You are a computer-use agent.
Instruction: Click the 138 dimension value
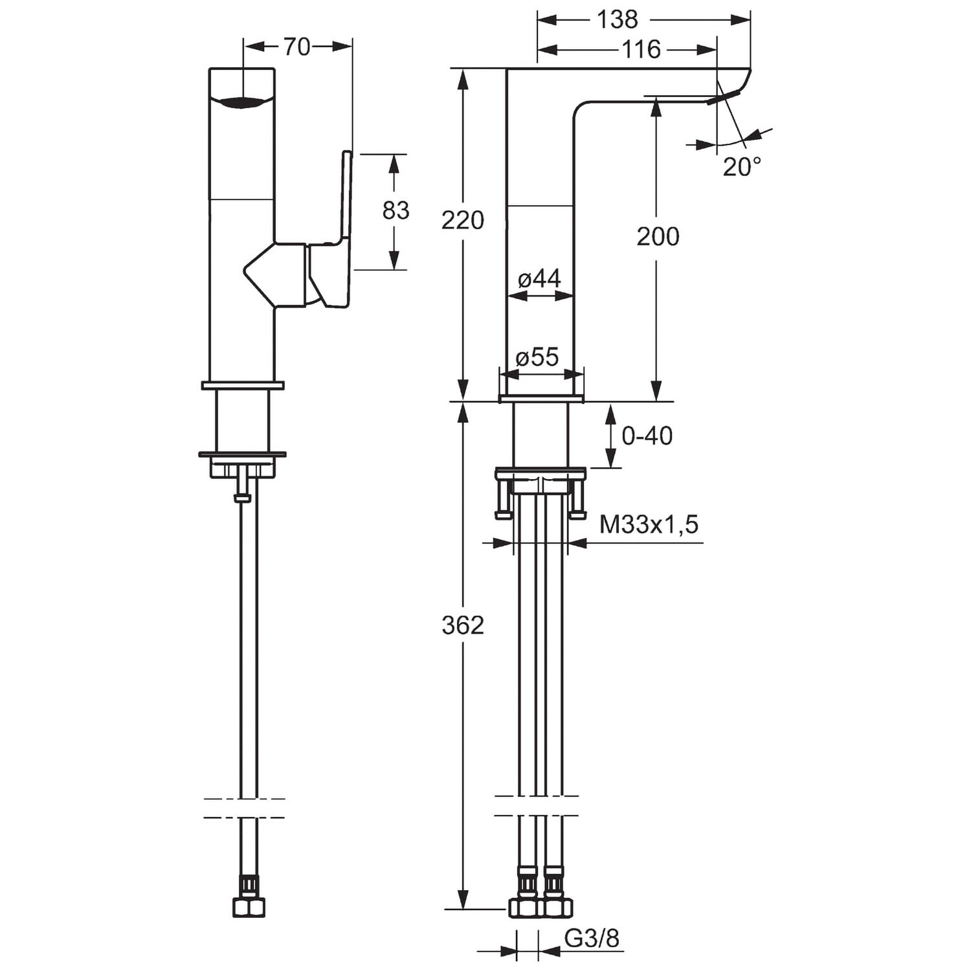[x=617, y=19]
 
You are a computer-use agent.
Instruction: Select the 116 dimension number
[x=641, y=49]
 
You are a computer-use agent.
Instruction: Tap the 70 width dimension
[x=297, y=47]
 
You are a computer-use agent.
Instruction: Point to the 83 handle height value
[x=396, y=210]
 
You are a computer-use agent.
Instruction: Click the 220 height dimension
[x=462, y=220]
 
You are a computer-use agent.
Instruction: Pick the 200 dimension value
[x=658, y=236]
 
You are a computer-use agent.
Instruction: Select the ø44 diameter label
[x=539, y=279]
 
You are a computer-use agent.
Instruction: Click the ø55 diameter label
[x=537, y=357]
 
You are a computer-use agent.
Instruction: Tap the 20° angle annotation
[x=741, y=167]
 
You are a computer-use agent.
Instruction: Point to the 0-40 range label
[x=647, y=436]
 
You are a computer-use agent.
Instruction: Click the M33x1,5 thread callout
[x=649, y=524]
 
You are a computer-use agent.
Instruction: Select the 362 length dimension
[x=462, y=625]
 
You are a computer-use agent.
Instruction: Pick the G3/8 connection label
[x=592, y=938]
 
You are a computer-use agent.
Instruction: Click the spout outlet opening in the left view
[x=242, y=102]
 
